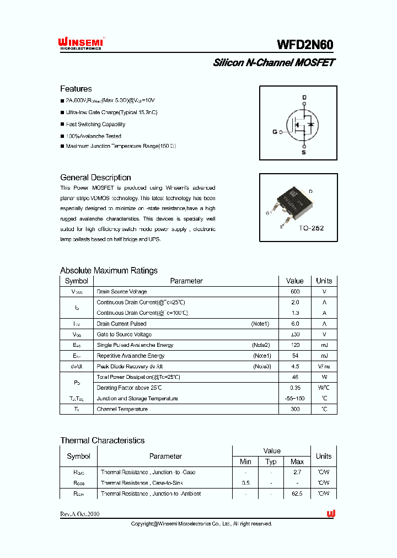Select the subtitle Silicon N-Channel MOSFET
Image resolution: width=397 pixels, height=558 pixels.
pos(273,63)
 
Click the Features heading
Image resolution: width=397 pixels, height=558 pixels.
pos(76,89)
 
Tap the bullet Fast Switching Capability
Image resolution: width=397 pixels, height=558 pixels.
pos(95,125)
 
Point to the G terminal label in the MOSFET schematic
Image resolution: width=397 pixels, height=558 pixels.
pos(275,132)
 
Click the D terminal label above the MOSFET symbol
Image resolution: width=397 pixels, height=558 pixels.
pos(304,98)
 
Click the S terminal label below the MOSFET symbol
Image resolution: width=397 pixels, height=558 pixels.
pos(303,152)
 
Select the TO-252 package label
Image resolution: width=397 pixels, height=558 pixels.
pos(312,228)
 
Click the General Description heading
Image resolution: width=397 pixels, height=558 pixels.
pos(95,178)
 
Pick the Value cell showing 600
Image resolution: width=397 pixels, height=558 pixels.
pos(295,292)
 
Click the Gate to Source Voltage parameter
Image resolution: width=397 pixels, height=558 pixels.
pos(124,335)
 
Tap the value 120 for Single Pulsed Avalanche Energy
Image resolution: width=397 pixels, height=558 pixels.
pos(295,345)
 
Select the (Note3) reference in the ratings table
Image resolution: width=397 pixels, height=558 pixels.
pos(262,367)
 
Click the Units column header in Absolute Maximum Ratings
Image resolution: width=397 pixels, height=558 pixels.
pos(324,281)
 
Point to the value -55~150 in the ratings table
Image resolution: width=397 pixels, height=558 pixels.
pos(295,399)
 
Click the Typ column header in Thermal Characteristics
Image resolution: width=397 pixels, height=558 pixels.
pos(271,462)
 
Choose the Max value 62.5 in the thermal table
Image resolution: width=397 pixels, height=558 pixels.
pos(297,493)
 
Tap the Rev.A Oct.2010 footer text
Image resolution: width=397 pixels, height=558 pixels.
pos(80,514)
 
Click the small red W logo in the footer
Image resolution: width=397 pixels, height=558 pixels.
pos(331,513)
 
